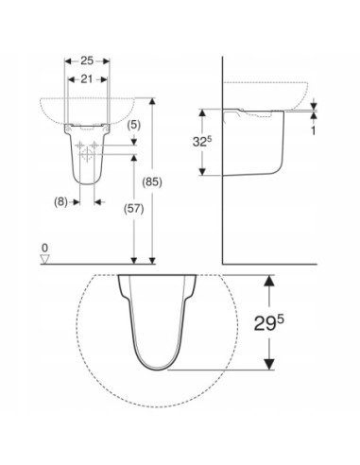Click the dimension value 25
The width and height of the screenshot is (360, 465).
click(87, 60)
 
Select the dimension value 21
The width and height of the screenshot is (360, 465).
click(87, 79)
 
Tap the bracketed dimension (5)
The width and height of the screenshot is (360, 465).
click(134, 125)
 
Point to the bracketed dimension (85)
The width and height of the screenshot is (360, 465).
click(152, 181)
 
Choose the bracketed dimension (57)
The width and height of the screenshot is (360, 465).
click(134, 209)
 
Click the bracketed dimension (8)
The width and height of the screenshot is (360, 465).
click(60, 201)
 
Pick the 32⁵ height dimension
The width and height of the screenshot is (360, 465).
click(202, 142)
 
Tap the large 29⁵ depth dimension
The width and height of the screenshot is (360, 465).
click(268, 323)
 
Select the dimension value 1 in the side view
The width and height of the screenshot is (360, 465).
click(313, 130)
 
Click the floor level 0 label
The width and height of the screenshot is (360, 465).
click(45, 249)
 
